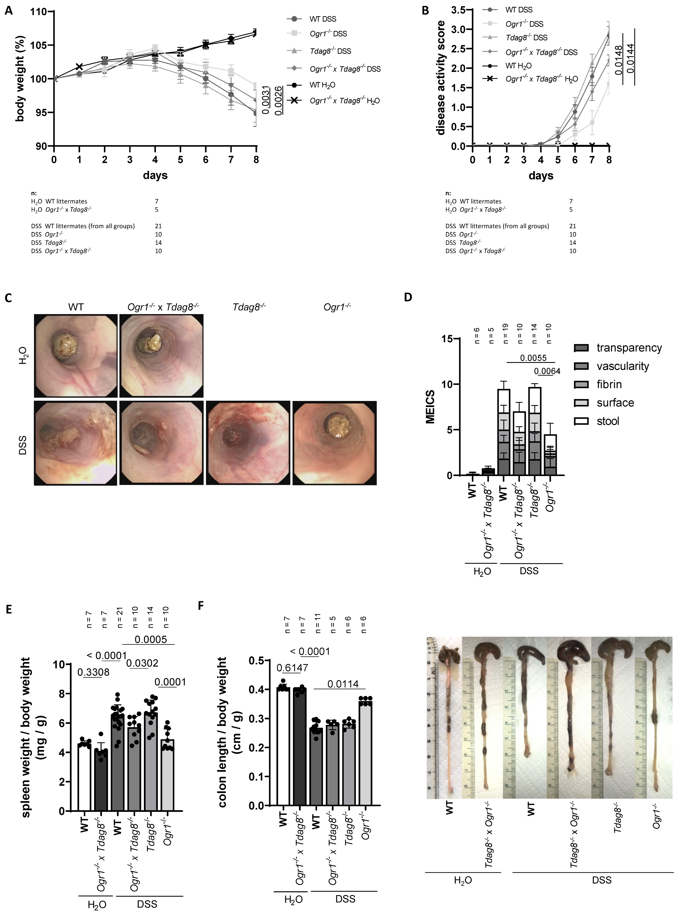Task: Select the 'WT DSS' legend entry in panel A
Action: [x=323, y=19]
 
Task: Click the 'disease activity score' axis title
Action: [x=441, y=78]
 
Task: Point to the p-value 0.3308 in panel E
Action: [x=93, y=673]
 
